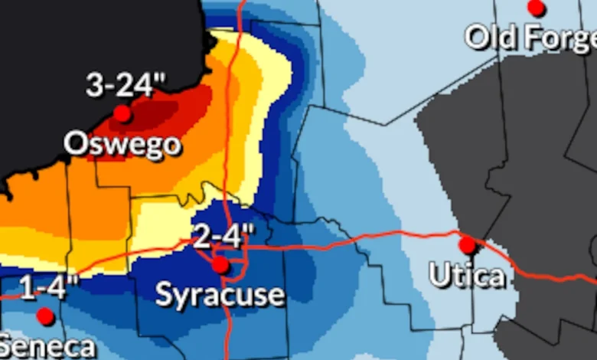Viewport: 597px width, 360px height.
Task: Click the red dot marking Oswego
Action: [x=122, y=114]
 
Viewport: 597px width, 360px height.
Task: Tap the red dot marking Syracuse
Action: [x=220, y=265]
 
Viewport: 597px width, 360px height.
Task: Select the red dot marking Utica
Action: [x=467, y=245]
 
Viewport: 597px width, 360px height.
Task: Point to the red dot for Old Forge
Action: [x=537, y=8]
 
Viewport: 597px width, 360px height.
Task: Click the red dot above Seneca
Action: [x=45, y=316]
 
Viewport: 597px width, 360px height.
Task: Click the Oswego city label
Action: [x=122, y=144]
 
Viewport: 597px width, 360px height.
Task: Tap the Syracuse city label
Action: [x=220, y=295]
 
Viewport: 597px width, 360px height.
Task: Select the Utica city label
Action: [x=467, y=276]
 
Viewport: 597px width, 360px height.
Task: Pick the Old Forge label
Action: [x=530, y=37]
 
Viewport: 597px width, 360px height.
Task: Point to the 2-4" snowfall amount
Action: [x=220, y=237]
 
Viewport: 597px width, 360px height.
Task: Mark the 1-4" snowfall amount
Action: [x=48, y=290]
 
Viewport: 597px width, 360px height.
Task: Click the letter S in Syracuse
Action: [x=164, y=295]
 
